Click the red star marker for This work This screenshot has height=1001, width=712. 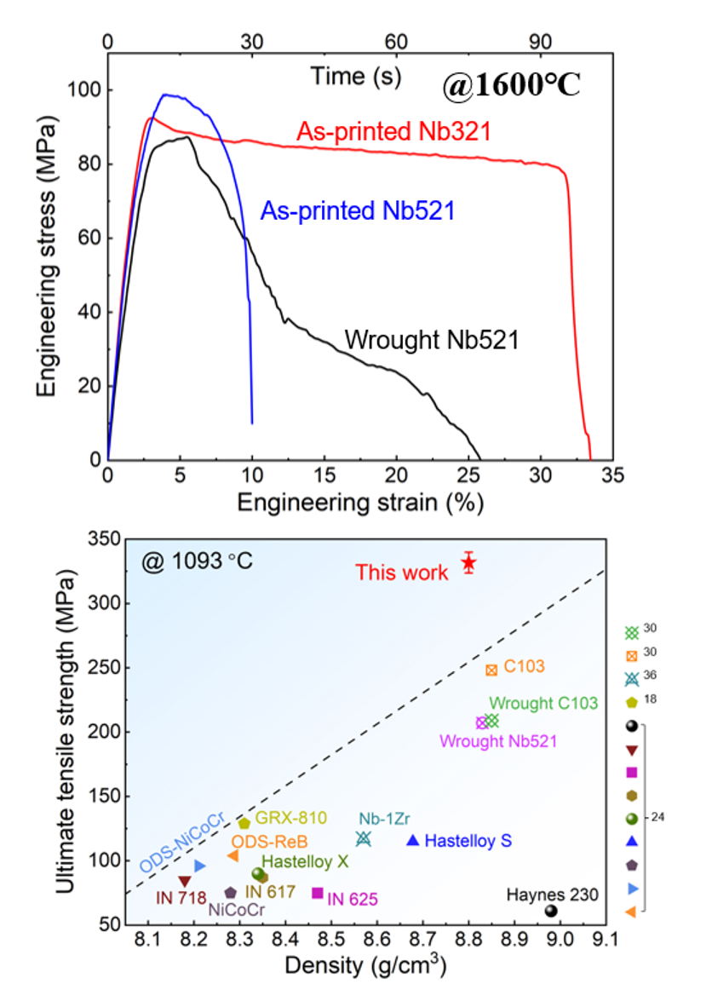point(468,563)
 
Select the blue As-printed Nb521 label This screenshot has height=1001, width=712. point(357,210)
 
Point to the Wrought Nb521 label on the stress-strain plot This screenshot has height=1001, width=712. point(432,341)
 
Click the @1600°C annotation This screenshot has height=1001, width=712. point(511,86)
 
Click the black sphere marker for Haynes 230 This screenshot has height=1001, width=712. point(551,911)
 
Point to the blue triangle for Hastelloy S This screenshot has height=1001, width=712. point(413,840)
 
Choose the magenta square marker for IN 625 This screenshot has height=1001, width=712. point(318,893)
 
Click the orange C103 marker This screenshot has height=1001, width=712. point(491,670)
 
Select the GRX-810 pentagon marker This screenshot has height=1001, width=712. point(244,823)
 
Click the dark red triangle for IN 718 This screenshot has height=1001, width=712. point(185,881)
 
